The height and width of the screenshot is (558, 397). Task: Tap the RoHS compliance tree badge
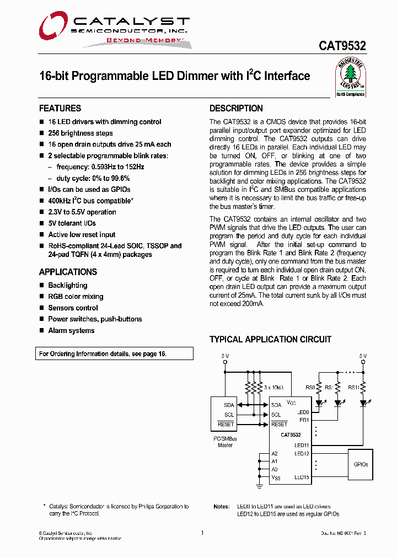(351, 77)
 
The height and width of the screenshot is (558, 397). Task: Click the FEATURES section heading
(60, 108)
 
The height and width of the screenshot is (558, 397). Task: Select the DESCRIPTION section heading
(236, 108)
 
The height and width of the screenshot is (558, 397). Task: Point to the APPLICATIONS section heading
(68, 272)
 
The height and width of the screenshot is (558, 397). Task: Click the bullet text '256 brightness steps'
(81, 133)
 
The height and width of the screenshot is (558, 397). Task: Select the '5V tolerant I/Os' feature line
(72, 223)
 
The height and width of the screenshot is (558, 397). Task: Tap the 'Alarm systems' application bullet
(71, 330)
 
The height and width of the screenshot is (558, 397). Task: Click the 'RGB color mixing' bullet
(76, 297)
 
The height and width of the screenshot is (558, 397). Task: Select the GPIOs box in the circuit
(361, 464)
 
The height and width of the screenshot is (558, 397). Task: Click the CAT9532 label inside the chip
(290, 435)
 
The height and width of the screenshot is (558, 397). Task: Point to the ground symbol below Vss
(259, 486)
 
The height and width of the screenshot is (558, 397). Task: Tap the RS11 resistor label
(353, 388)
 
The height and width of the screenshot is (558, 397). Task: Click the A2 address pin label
(275, 454)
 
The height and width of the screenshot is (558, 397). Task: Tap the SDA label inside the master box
(228, 405)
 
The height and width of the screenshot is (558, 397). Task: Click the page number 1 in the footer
(203, 533)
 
